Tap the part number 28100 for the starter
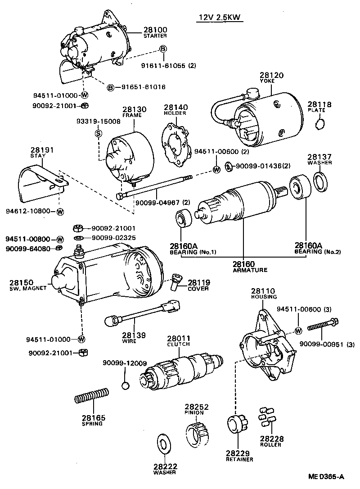(155, 30)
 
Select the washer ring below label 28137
(320, 181)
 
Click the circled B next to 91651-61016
(110, 87)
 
